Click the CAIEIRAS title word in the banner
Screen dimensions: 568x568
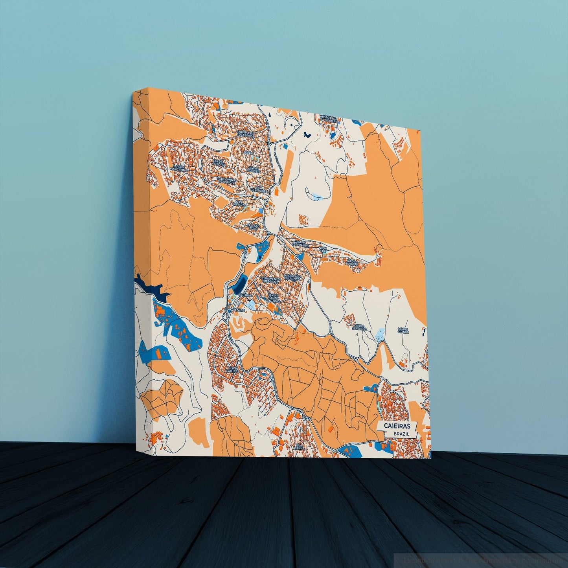coord(395,426)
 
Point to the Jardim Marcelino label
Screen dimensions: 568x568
coord(178,168)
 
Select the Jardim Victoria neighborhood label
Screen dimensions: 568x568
coord(219,163)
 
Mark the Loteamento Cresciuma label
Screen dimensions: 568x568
coord(270,280)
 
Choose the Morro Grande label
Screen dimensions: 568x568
coord(403,331)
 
